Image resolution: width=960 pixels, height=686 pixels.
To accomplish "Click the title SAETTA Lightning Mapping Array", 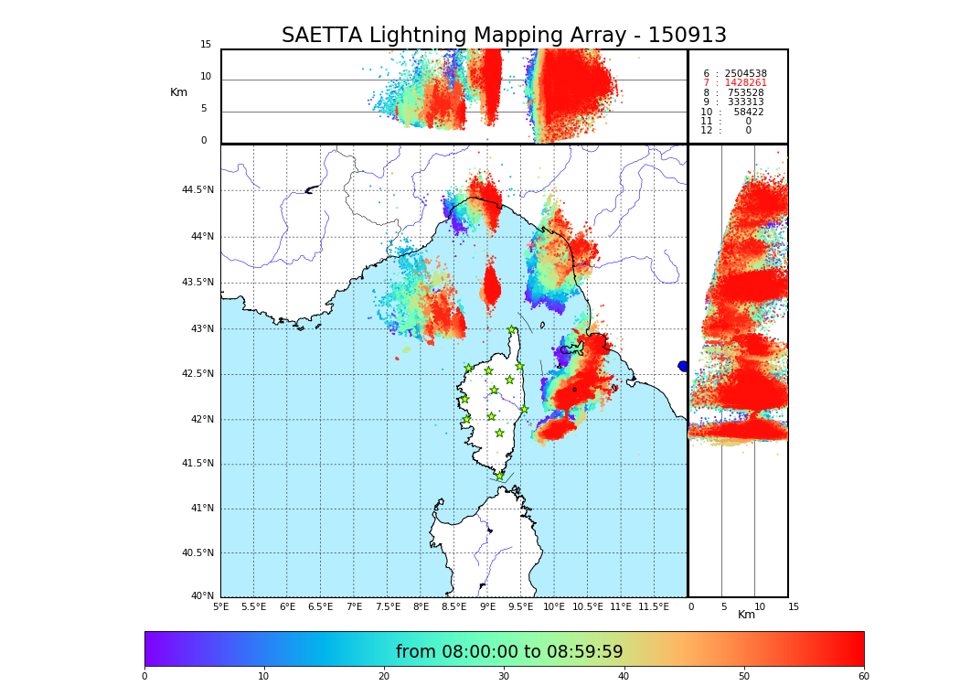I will point(504,36).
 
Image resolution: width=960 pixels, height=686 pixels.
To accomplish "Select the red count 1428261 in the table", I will point(745,83).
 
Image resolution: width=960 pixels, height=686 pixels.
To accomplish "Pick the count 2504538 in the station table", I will point(745,73).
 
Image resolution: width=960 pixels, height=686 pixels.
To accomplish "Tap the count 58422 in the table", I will point(748,112).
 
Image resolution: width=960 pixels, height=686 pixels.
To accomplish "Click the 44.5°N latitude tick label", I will point(197,190).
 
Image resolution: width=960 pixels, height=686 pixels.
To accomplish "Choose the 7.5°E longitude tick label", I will point(388,606).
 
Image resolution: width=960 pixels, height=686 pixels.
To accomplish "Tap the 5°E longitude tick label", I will point(220,606).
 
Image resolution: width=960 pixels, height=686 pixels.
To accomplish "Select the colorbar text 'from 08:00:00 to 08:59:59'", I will point(509,652).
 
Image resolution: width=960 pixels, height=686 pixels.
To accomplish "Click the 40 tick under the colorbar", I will point(624,677).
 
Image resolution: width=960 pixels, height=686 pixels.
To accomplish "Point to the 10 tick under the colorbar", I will point(263,677).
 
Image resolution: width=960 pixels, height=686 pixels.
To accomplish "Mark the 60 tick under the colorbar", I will point(863,677).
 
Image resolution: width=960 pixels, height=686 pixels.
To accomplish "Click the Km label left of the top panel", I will point(178,92).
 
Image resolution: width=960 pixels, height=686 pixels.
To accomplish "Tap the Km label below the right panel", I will point(747,615).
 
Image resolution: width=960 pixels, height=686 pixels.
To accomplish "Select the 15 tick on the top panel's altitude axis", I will point(206,45).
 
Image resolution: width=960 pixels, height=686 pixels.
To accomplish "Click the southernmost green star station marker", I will point(500,476).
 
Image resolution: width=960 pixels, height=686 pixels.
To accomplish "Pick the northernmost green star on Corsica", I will point(512,330).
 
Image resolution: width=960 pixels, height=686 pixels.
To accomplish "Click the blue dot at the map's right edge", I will point(683,366).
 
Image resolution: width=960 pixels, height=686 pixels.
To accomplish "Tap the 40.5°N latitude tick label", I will point(197,553).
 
